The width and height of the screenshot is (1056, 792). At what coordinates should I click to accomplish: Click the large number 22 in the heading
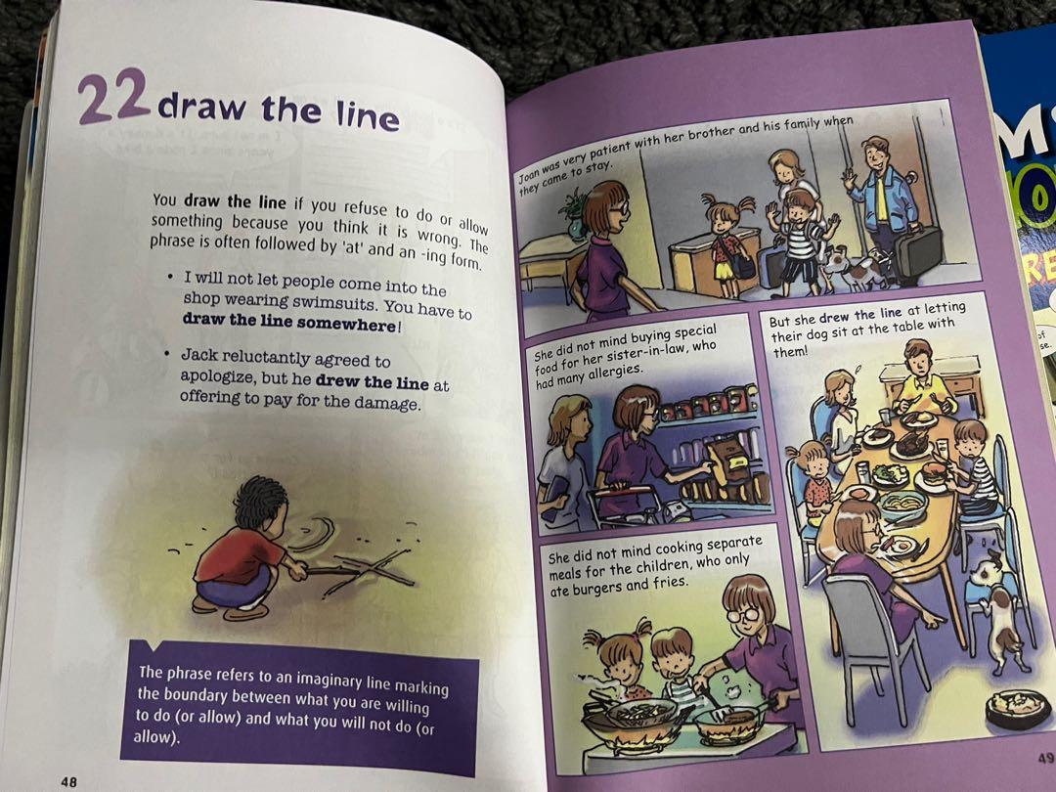[x=112, y=97]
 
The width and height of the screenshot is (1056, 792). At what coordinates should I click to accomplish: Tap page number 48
[x=67, y=781]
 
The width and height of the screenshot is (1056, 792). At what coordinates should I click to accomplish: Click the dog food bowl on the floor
[x=1018, y=706]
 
